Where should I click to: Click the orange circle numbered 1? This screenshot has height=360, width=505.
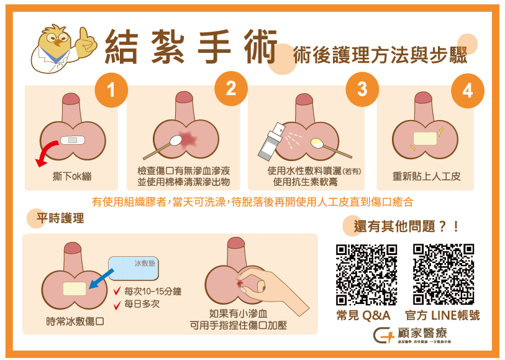111,91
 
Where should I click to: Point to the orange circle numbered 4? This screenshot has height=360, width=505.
468,90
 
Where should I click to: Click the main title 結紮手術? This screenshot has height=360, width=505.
190,47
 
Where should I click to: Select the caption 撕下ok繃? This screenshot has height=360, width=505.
72,177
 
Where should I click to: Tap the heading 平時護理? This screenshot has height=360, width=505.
60,219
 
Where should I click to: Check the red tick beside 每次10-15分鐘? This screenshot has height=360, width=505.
116,292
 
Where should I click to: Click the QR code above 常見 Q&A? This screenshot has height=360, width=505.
366,274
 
